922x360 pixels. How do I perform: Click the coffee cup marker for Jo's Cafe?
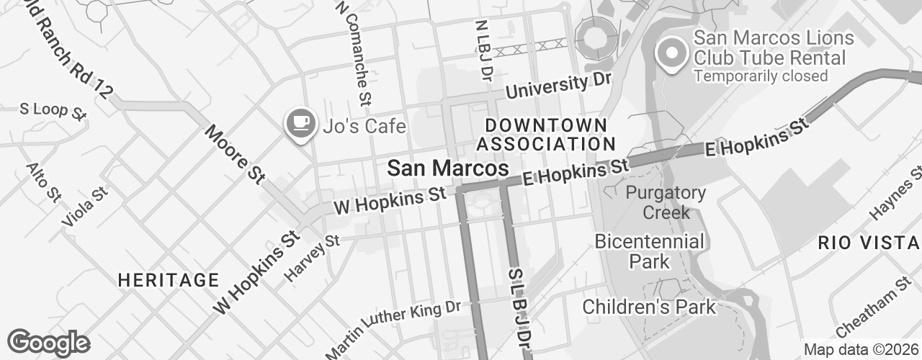click(301, 124)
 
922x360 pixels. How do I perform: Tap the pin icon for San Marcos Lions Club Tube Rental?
click(671, 53)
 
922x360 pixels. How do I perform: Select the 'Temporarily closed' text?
click(760, 76)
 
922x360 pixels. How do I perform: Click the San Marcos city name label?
click(447, 168)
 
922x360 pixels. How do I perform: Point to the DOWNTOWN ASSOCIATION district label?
click(545, 135)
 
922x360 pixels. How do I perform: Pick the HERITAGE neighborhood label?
click(168, 279)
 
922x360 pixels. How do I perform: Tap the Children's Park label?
click(649, 307)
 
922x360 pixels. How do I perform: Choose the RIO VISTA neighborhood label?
click(869, 243)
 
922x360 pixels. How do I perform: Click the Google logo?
click(48, 342)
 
